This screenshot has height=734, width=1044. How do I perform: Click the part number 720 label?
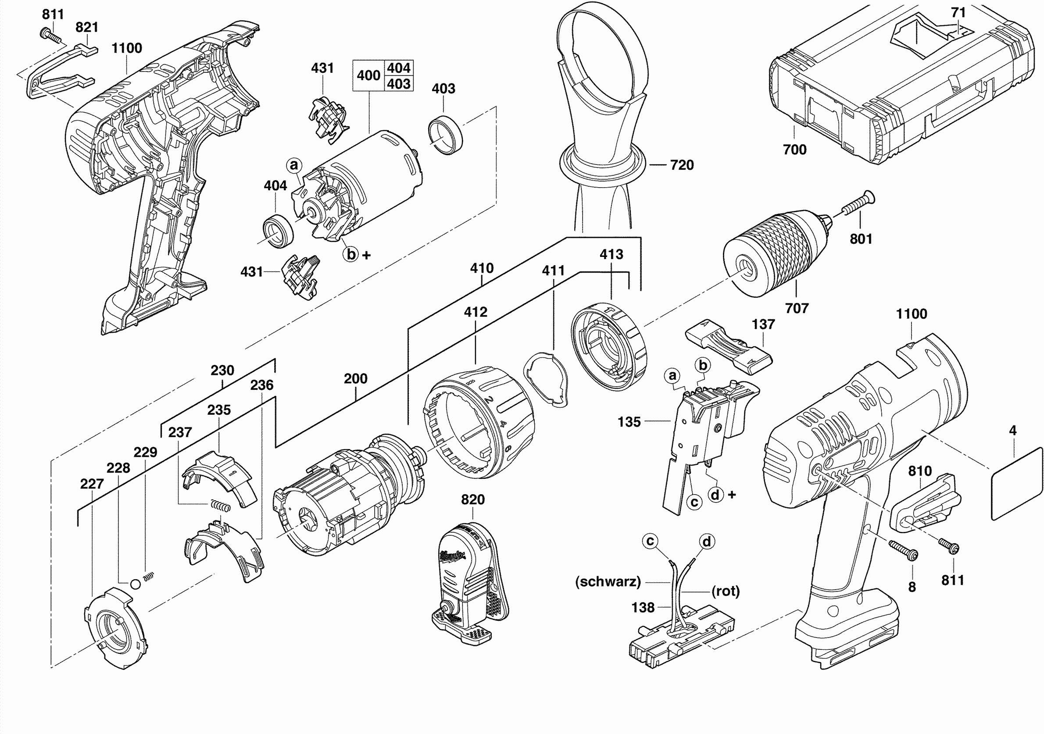[682, 165]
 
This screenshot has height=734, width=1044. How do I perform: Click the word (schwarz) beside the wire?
[608, 582]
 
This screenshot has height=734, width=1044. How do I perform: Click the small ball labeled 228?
[135, 584]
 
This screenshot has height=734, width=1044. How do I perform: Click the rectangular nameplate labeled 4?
[1016, 484]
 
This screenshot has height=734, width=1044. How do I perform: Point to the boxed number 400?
[368, 75]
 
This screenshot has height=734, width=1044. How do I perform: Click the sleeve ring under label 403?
[446, 135]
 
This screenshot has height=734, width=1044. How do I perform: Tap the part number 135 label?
[629, 422]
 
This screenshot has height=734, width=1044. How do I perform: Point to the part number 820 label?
[472, 500]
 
